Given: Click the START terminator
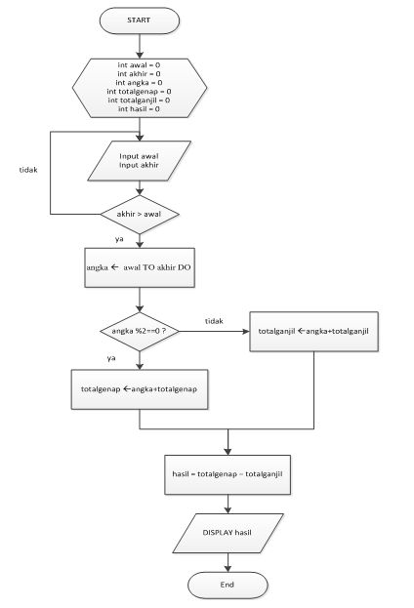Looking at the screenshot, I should (141, 20).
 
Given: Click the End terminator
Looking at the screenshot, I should (227, 585).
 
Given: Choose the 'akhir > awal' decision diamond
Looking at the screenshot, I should (141, 213).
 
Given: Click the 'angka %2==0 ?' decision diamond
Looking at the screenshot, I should (141, 332).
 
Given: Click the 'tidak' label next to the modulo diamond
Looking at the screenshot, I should (214, 320).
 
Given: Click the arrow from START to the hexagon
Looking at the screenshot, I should (141, 43).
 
